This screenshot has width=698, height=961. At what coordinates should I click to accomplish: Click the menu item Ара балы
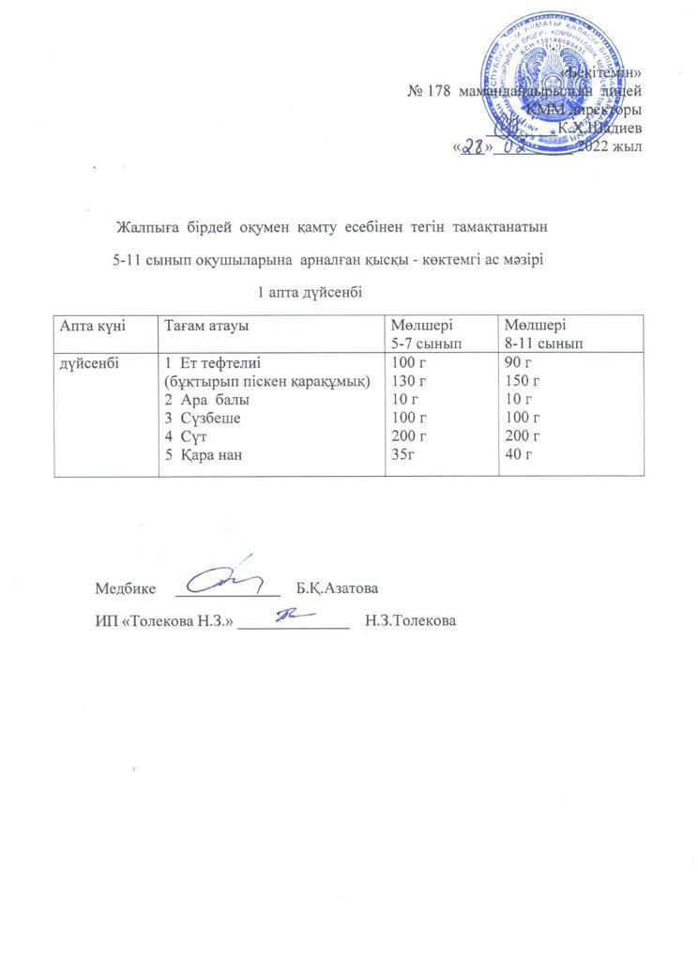[207, 399]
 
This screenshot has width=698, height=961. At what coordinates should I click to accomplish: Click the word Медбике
[124, 589]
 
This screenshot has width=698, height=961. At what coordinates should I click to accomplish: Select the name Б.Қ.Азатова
[338, 589]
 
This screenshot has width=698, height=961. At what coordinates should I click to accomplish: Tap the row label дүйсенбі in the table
[89, 363]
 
